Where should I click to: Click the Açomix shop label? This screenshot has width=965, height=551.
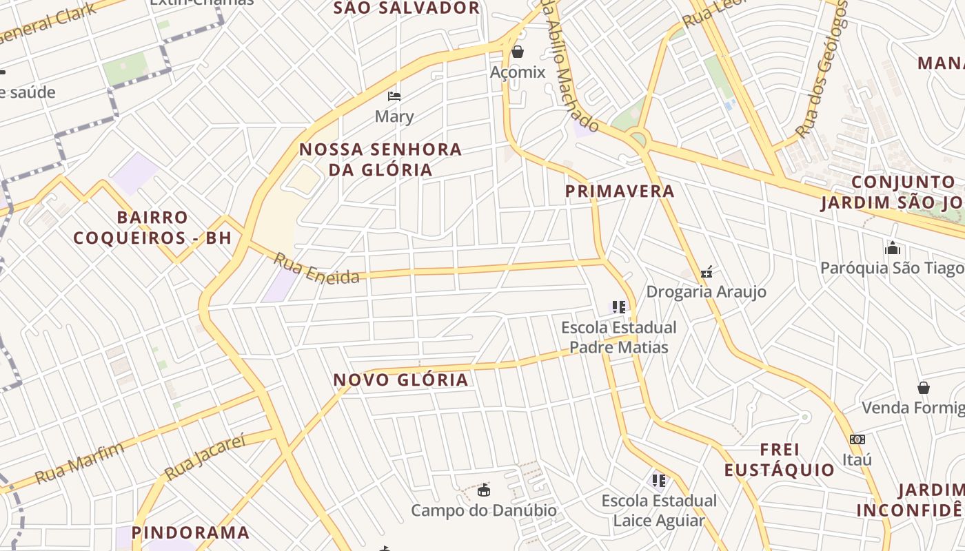[x=518, y=72]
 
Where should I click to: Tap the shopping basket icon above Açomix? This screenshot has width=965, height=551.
[x=518, y=52]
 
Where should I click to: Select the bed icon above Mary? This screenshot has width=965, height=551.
[x=394, y=96]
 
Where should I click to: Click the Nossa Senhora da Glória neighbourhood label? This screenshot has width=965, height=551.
[x=380, y=159]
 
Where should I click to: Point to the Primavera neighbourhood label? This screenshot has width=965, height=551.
[x=620, y=191]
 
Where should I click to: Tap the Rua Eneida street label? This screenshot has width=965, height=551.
[x=316, y=269]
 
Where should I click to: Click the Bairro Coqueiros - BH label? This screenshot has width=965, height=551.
[x=152, y=228]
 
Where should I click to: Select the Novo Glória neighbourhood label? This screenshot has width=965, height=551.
[x=401, y=380]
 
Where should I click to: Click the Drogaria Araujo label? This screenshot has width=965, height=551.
[x=707, y=292]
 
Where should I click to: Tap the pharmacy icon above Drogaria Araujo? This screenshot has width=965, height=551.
[x=706, y=272]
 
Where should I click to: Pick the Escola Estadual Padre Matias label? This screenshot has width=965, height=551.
[x=619, y=337]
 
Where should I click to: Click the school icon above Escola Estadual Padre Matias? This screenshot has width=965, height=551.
[x=619, y=307]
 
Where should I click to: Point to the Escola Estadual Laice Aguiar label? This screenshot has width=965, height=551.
[x=659, y=510]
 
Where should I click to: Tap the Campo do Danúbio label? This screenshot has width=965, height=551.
[x=484, y=510]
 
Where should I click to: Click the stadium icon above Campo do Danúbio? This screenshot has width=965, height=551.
[x=484, y=490]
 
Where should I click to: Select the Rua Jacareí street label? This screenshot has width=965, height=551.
[x=205, y=457]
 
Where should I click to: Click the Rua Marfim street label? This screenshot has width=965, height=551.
[x=79, y=463]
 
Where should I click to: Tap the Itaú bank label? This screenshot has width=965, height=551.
[x=857, y=459]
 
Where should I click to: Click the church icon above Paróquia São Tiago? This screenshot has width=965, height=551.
[x=893, y=248]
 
